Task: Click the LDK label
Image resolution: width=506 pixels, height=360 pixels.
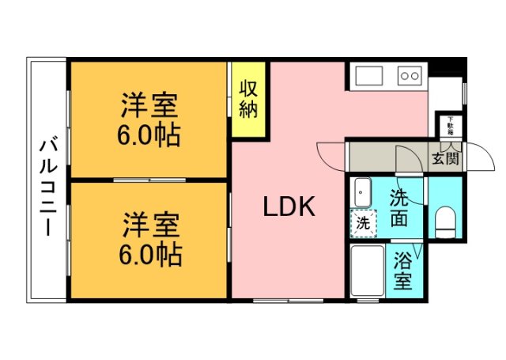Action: tap(289, 207)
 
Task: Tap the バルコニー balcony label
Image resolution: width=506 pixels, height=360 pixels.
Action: tap(47, 187)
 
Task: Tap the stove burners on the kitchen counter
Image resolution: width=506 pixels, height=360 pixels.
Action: tap(410, 77)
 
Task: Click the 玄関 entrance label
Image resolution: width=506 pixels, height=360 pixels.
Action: tap(445, 158)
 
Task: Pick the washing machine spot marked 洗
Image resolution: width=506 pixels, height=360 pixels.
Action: tap(363, 223)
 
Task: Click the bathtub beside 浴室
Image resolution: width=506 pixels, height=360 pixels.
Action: tap(366, 272)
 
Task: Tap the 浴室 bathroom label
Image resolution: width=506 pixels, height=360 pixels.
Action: tap(402, 271)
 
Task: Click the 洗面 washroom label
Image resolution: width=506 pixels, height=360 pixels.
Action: tap(399, 208)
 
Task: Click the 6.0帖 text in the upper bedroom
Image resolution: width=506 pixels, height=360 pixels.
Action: tap(149, 135)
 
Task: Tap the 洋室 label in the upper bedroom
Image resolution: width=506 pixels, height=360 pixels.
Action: tap(149, 105)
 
